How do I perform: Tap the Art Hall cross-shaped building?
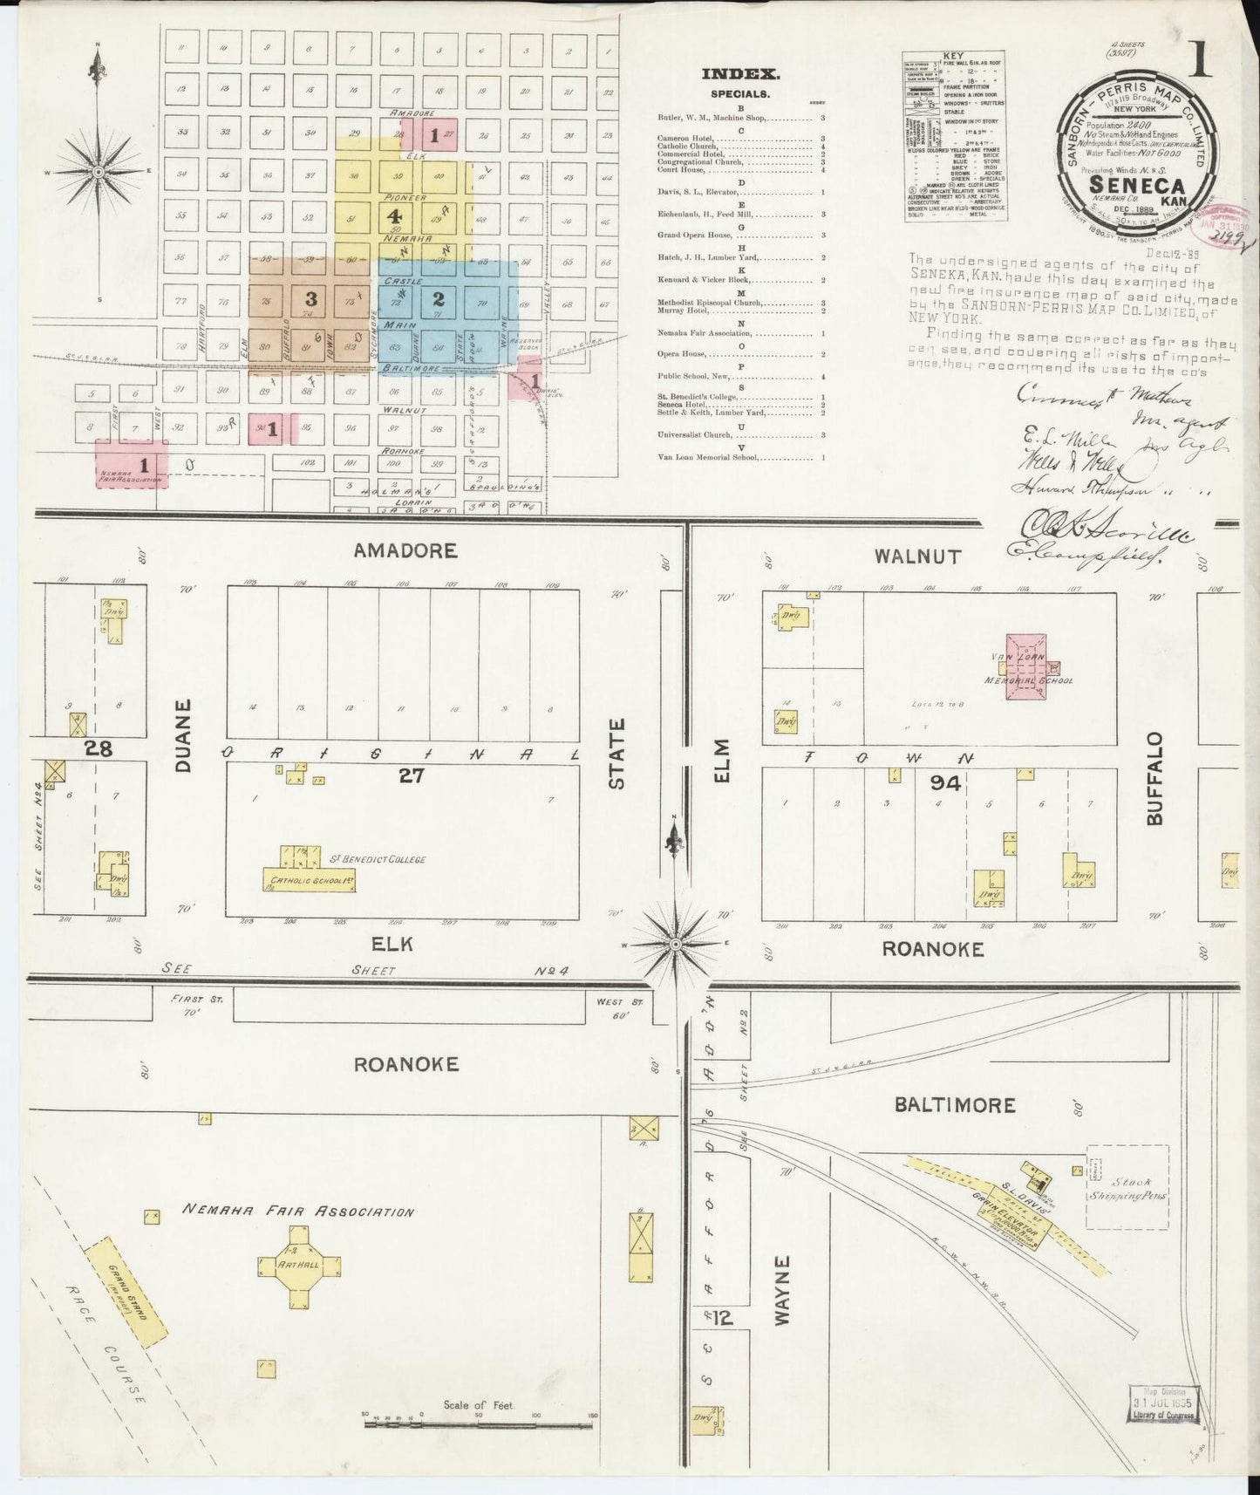pyautogui.click(x=299, y=1264)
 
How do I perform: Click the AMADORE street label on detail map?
pyautogui.click(x=405, y=550)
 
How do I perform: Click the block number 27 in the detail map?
pyautogui.click(x=411, y=775)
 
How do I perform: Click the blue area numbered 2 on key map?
pyautogui.click(x=439, y=298)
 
